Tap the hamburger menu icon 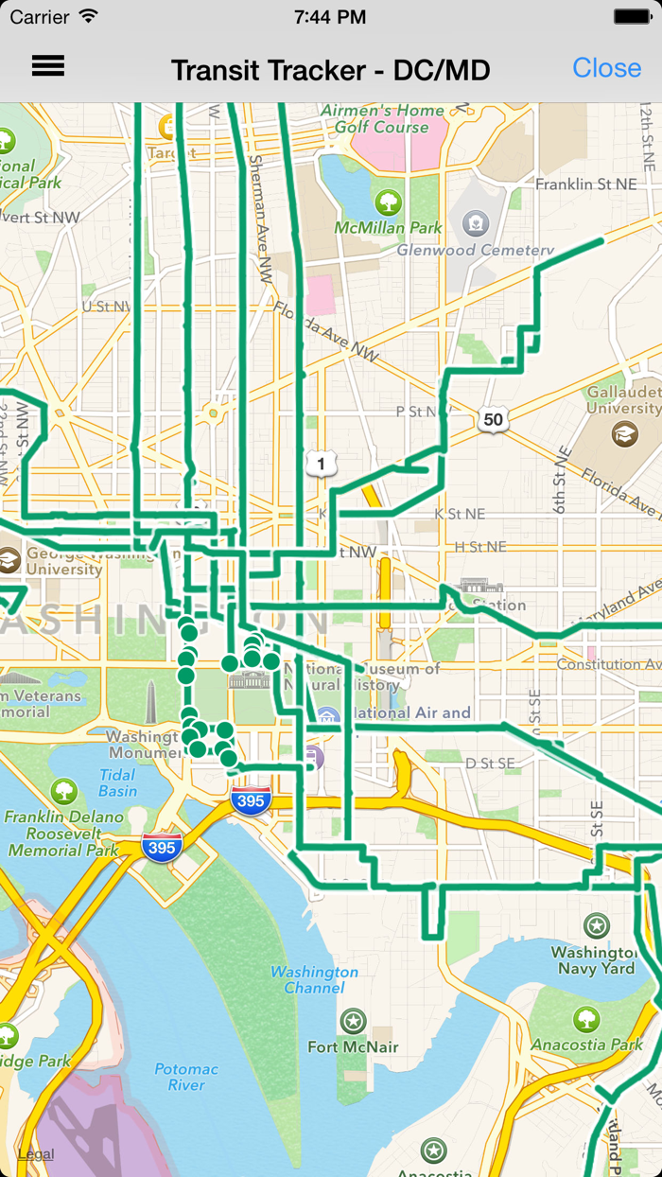[48, 65]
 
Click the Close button [606, 68]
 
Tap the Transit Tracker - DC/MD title [330, 70]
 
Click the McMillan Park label [388, 228]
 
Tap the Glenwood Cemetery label [475, 251]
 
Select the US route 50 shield [493, 419]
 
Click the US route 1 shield [322, 464]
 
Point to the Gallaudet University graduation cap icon [624, 434]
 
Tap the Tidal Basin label [117, 782]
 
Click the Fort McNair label [353, 1046]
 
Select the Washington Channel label [314, 979]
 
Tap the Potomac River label [186, 1077]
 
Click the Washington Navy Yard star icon [596, 924]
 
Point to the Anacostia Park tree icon [586, 1019]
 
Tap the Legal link [36, 1153]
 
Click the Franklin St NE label [586, 184]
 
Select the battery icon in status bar [632, 16]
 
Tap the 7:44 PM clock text [330, 16]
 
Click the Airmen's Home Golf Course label [381, 118]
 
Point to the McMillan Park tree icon [388, 202]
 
